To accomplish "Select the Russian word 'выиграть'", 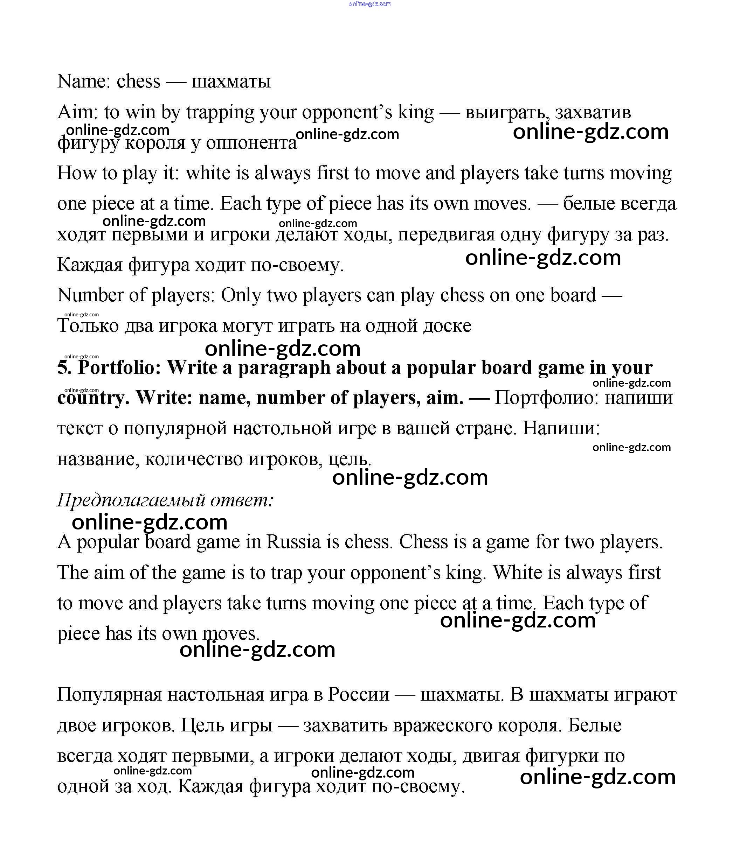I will point(507,113).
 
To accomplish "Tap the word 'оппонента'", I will point(251,143).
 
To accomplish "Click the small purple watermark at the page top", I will point(369,4).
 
